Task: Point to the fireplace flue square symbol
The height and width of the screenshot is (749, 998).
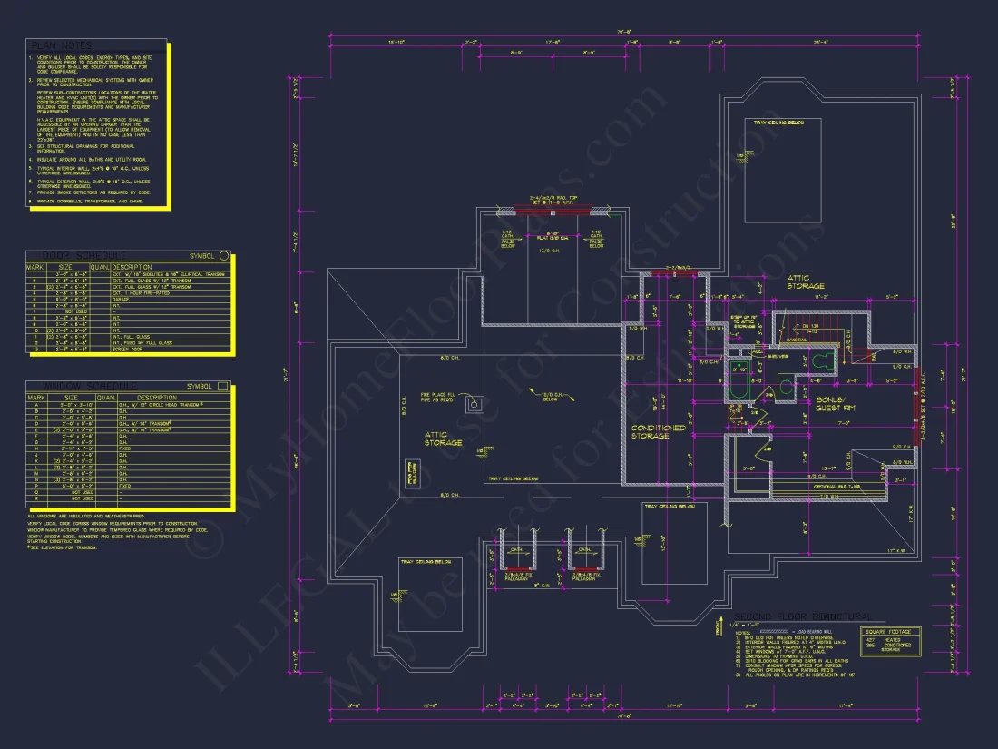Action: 473,403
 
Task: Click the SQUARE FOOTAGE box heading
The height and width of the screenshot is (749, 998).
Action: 891,631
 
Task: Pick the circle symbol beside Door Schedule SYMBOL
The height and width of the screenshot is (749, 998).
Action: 225,255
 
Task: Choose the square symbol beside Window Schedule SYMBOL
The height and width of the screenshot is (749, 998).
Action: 224,387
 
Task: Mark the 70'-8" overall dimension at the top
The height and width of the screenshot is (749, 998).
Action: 623,33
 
